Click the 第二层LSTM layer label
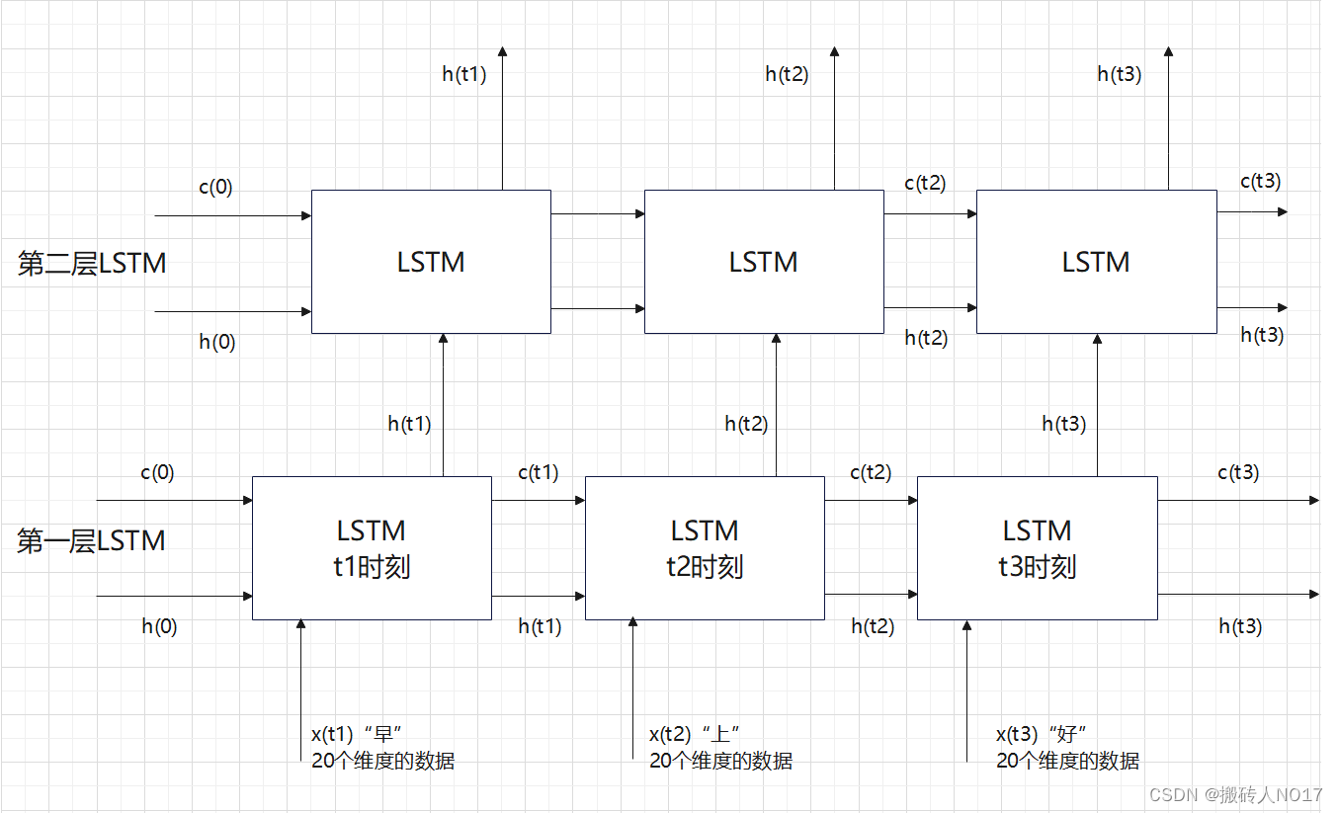pos(92,263)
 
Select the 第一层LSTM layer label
pos(91,541)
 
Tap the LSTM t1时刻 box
pos(372,548)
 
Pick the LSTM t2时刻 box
pos(705,548)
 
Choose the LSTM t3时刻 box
pos(1037,548)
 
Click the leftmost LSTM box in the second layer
pos(431,262)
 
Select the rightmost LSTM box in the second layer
pos(1096,262)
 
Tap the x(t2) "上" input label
pos(695,734)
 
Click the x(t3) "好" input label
pos(1042,734)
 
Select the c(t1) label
pos(538,473)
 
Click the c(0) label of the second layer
pos(215,187)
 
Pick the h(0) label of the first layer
pos(159,626)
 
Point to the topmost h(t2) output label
pos(787,74)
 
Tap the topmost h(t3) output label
pos(1120,74)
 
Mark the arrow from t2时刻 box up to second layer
pos(776,405)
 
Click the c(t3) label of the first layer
pos(1238,473)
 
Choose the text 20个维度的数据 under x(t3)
pos(1067,761)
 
